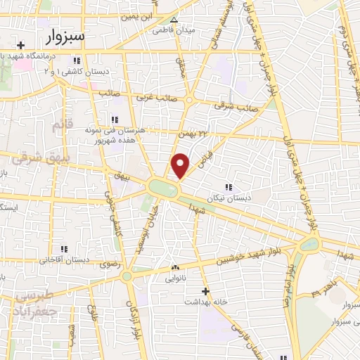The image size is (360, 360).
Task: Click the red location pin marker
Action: (x=180, y=165)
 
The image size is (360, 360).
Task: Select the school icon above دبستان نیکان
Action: (x=229, y=186)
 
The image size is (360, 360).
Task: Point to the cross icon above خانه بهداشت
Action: (x=205, y=291)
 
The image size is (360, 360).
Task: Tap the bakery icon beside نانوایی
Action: (x=175, y=267)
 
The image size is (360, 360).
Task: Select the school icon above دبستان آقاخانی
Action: (x=64, y=250)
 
